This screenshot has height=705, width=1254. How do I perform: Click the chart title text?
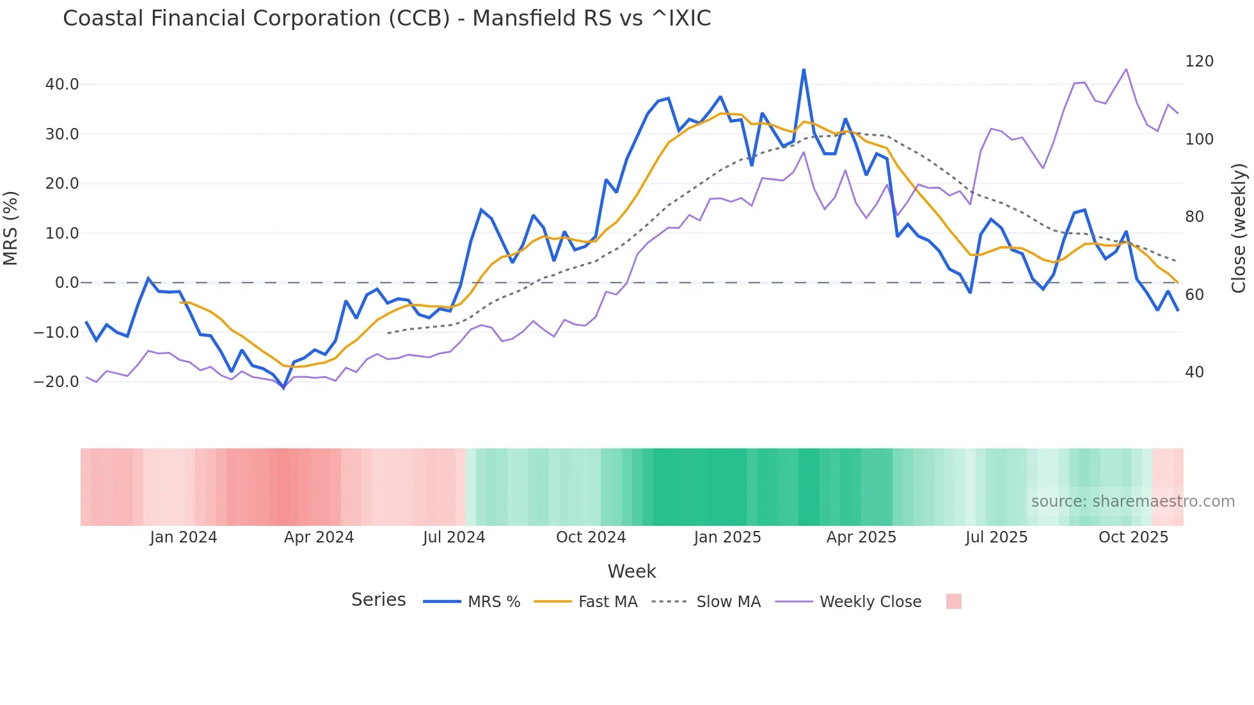386,19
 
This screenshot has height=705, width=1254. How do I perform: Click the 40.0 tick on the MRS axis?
62,84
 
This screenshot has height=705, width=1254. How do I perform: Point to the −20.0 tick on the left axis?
57,382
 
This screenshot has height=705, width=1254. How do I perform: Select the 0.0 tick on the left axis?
67,283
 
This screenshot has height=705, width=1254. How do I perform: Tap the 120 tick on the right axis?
1199,61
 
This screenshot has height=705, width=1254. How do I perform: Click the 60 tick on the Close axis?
1194,295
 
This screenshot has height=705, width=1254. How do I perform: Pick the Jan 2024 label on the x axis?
184,537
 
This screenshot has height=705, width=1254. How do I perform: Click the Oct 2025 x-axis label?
1133,537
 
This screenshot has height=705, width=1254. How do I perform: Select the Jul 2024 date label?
454,537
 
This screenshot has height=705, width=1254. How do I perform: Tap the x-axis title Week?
631,571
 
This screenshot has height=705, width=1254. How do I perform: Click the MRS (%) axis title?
11,228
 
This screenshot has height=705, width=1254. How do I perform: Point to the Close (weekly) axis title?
1239,228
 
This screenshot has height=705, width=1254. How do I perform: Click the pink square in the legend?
953,601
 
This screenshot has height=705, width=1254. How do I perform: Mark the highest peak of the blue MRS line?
804,70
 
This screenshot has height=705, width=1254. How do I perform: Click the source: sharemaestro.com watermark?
1132,502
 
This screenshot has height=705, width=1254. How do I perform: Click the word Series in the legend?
378,600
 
